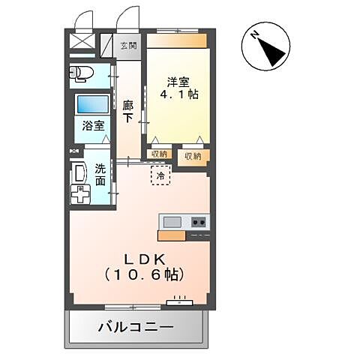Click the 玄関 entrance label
tap(128, 46)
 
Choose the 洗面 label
tap(100, 175)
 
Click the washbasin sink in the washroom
tap(78, 175)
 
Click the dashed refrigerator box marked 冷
tap(160, 174)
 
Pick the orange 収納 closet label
tap(193, 157)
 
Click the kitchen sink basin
tap(172, 221)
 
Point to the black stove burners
tap(199, 221)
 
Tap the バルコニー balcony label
tap(136, 328)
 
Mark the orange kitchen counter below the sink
tap(172, 235)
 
